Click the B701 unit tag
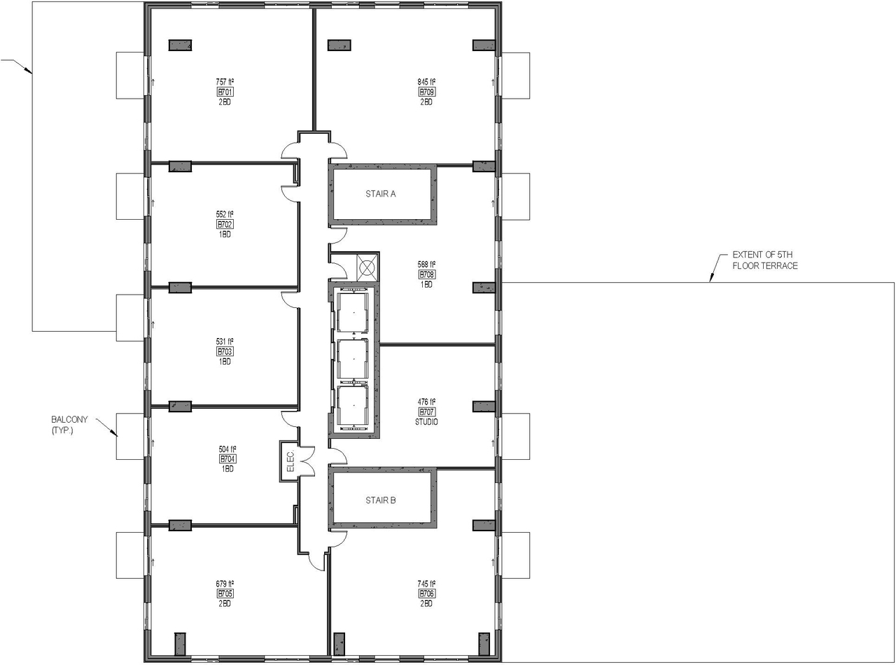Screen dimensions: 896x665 coord(225,92)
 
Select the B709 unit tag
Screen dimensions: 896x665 coord(426,92)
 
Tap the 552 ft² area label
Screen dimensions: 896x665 coord(225,214)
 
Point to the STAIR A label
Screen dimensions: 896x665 coord(381,194)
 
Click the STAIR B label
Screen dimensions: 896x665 coord(381,500)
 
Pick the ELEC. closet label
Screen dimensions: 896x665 coord(290,461)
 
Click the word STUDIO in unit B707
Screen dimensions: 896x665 coord(426,422)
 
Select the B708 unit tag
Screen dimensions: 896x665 coord(426,274)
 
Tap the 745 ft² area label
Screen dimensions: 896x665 coord(426,584)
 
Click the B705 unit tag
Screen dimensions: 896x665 coord(225,594)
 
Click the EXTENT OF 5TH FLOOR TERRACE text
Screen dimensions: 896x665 coord(765,260)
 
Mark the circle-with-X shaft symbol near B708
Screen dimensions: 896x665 coord(367,267)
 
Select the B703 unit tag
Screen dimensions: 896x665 coord(225,351)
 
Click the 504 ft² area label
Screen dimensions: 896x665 coord(227,449)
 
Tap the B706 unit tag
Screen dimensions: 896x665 coord(426,594)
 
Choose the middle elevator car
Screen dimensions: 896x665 coord(353,359)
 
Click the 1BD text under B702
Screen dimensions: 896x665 coord(225,234)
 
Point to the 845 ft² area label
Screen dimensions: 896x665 coord(426,82)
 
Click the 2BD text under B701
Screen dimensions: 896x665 coord(225,101)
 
